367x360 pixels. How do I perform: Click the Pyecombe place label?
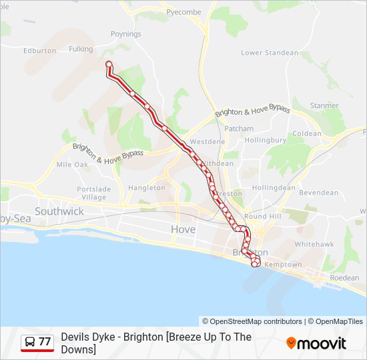[x=183, y=12]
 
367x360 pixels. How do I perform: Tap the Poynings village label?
[x=125, y=33]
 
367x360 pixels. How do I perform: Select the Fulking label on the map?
[x=81, y=49]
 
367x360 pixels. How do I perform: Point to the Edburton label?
[x=39, y=51]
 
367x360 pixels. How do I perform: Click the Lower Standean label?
[x=270, y=53]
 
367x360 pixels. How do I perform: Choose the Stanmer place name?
[x=324, y=105]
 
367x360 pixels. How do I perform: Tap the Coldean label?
[x=307, y=133]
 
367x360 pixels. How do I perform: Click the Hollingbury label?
[x=265, y=141]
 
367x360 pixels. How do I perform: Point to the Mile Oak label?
[x=72, y=164]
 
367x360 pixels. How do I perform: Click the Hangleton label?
[x=146, y=188]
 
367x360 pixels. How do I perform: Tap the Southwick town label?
[x=59, y=211]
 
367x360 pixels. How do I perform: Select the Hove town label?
[x=183, y=229]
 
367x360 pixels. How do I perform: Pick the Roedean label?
[x=344, y=277]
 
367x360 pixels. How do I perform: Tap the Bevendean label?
[x=318, y=193]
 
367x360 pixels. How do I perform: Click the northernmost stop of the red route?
[x=109, y=64]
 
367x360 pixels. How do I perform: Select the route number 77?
[x=45, y=342]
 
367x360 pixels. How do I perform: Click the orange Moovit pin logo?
[x=292, y=343]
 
